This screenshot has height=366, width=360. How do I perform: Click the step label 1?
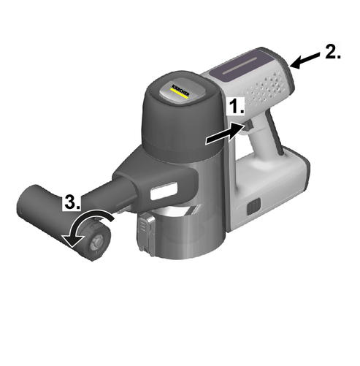(237, 107)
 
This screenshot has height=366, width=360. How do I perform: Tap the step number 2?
(333, 52)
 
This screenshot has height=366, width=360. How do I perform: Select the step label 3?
(72, 202)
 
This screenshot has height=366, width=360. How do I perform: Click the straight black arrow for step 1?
(225, 134)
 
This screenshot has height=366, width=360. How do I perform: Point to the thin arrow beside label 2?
(305, 61)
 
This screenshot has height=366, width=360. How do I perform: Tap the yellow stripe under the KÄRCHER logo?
(179, 94)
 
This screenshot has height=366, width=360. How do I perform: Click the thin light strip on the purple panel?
(240, 66)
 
